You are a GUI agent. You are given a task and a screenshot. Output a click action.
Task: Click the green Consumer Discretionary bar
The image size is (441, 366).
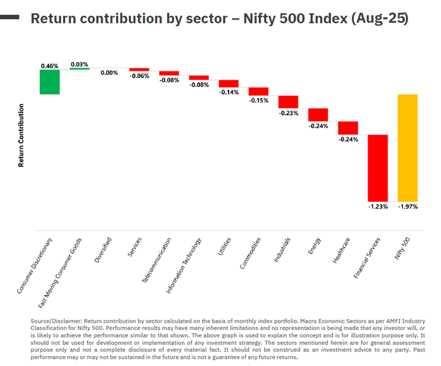(50, 82)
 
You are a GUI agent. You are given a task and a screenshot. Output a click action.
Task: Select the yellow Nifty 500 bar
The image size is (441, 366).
(407, 148)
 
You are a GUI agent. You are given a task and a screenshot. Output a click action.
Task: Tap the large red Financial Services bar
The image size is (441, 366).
(377, 168)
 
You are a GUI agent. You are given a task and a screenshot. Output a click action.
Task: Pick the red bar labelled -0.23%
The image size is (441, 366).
(288, 102)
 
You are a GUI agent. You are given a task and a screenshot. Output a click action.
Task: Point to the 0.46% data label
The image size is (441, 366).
(50, 66)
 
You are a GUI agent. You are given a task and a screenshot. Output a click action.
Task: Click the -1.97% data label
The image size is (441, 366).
(407, 207)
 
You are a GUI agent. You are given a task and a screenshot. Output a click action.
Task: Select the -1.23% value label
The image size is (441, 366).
(377, 207)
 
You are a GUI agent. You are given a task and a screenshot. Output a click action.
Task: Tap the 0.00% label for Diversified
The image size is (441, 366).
(109, 73)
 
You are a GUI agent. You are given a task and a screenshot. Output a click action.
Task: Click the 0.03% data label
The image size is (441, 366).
(79, 64)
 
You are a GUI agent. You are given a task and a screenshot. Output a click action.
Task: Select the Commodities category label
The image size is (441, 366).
(250, 254)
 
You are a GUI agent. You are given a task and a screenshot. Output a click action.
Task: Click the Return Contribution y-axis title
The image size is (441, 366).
(21, 135)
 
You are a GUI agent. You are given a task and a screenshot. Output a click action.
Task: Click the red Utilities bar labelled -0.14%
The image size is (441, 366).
(229, 84)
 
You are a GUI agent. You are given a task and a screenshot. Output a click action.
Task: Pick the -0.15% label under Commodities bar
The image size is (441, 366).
(259, 100)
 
